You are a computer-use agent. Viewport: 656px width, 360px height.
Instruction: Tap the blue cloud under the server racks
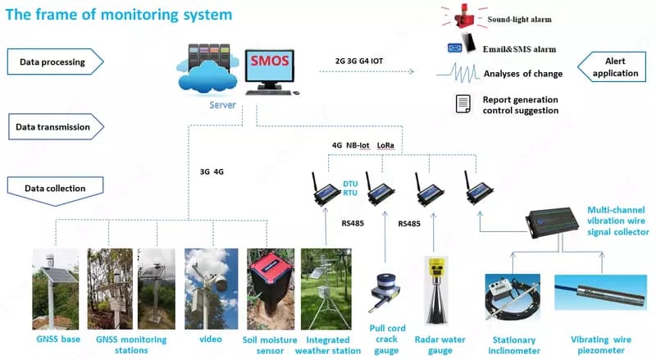pyautogui.click(x=207, y=76)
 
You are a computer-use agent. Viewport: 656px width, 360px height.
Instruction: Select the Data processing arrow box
pyautogui.click(x=55, y=62)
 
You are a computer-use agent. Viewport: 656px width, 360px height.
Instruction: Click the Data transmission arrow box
pyautogui.click(x=56, y=127)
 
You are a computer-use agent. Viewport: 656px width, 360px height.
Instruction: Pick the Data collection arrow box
pyautogui.click(x=55, y=191)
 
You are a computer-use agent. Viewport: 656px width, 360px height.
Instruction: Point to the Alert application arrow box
pyautogui.click(x=612, y=67)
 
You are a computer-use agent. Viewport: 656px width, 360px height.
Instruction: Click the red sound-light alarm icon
pyautogui.click(x=464, y=17)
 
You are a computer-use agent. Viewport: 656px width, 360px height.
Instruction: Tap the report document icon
pyautogui.click(x=462, y=104)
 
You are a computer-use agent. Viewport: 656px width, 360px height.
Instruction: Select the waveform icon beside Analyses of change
pyautogui.click(x=458, y=73)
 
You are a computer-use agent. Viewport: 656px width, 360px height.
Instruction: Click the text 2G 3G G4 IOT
pyautogui.click(x=359, y=62)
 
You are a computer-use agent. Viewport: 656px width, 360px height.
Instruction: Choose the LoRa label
pyautogui.click(x=385, y=146)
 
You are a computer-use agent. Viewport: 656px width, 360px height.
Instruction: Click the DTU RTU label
pyautogui.click(x=350, y=189)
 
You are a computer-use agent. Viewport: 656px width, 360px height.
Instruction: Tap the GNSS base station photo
pyautogui.click(x=55, y=289)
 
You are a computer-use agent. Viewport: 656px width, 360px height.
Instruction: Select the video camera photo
pyautogui.click(x=212, y=289)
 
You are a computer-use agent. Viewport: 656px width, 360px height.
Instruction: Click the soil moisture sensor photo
pyautogui.click(x=271, y=289)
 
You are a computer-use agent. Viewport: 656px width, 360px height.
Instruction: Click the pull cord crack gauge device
pyautogui.click(x=385, y=292)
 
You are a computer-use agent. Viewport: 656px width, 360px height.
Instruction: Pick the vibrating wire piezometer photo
pyautogui.click(x=600, y=292)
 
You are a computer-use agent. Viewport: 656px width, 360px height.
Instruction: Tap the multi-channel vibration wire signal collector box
pyautogui.click(x=552, y=222)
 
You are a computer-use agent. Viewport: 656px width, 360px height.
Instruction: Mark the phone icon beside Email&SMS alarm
pyautogui.click(x=469, y=43)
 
